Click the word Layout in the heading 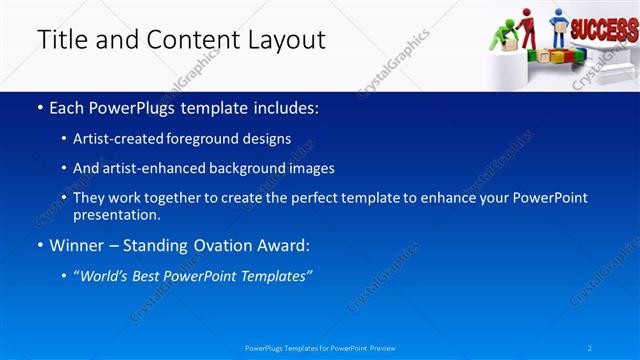click(286, 40)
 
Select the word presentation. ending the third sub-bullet click(116, 214)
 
